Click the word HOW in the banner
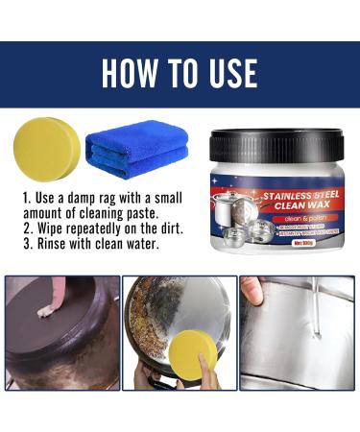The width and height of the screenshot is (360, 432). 132,73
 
